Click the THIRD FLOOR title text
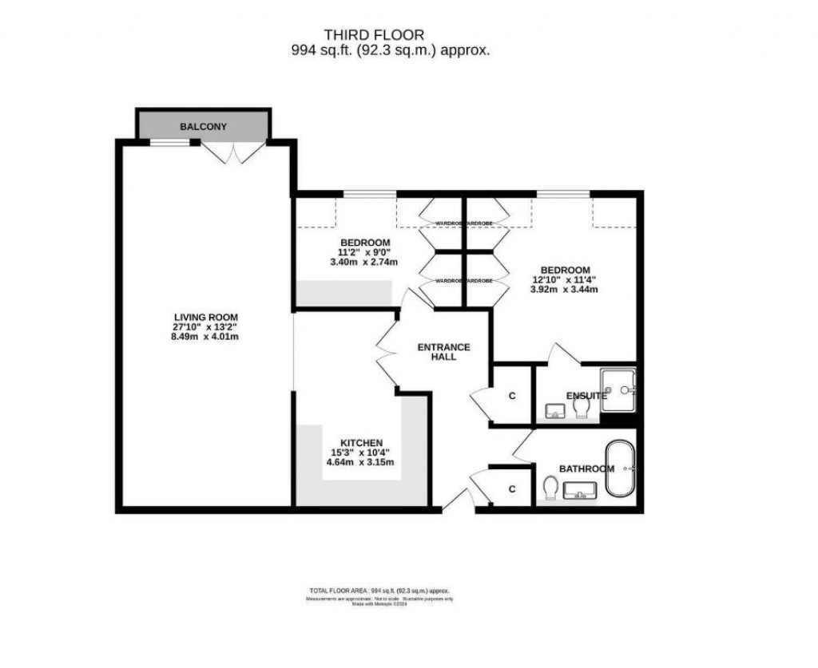coord(373,34)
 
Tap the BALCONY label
coord(203,127)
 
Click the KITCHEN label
coord(362,443)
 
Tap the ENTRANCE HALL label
coord(443,352)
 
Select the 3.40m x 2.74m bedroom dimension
coord(364,262)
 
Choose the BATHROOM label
coord(586,468)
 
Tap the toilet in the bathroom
coord(549,488)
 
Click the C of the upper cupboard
coord(511,396)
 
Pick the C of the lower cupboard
coord(511,488)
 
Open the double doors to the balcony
coord(232,152)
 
